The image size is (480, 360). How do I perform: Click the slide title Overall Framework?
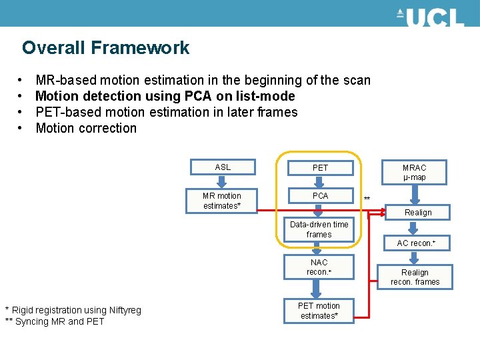coord(105,48)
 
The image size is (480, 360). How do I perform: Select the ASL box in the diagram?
coord(223,167)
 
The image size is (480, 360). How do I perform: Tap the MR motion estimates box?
coord(221,201)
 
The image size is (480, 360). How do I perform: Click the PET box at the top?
coord(320,167)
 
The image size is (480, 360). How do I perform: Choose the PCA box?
coord(320,196)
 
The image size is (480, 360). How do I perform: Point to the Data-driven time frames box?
coord(319,229)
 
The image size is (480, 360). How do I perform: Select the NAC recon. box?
coord(319,267)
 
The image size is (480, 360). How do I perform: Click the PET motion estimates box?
coord(319,311)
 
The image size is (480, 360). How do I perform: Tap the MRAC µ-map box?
coord(414,172)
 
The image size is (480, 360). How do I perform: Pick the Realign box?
coord(418,212)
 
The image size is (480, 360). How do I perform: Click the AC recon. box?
coord(415,243)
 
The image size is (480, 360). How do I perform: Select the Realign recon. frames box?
coord(415,277)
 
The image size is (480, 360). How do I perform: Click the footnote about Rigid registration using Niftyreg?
coord(73,310)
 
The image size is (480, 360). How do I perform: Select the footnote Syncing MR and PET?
coord(55,321)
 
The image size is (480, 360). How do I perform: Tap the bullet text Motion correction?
coord(86,128)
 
